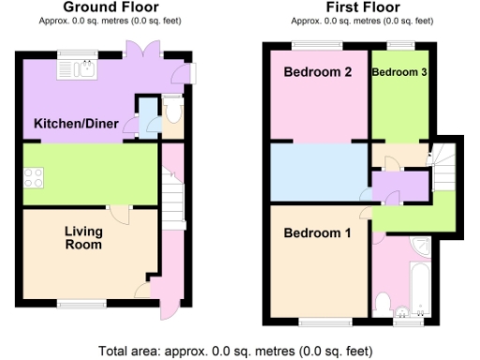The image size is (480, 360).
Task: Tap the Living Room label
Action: point(83,237)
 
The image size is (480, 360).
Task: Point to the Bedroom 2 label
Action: point(318,72)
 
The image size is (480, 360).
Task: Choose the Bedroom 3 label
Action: point(400,72)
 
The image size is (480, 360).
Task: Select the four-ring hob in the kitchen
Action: point(34,175)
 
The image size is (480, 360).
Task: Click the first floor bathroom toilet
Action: point(382,303)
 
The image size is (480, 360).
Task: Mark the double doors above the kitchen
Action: point(145,50)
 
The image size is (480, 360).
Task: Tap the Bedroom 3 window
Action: point(401,46)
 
